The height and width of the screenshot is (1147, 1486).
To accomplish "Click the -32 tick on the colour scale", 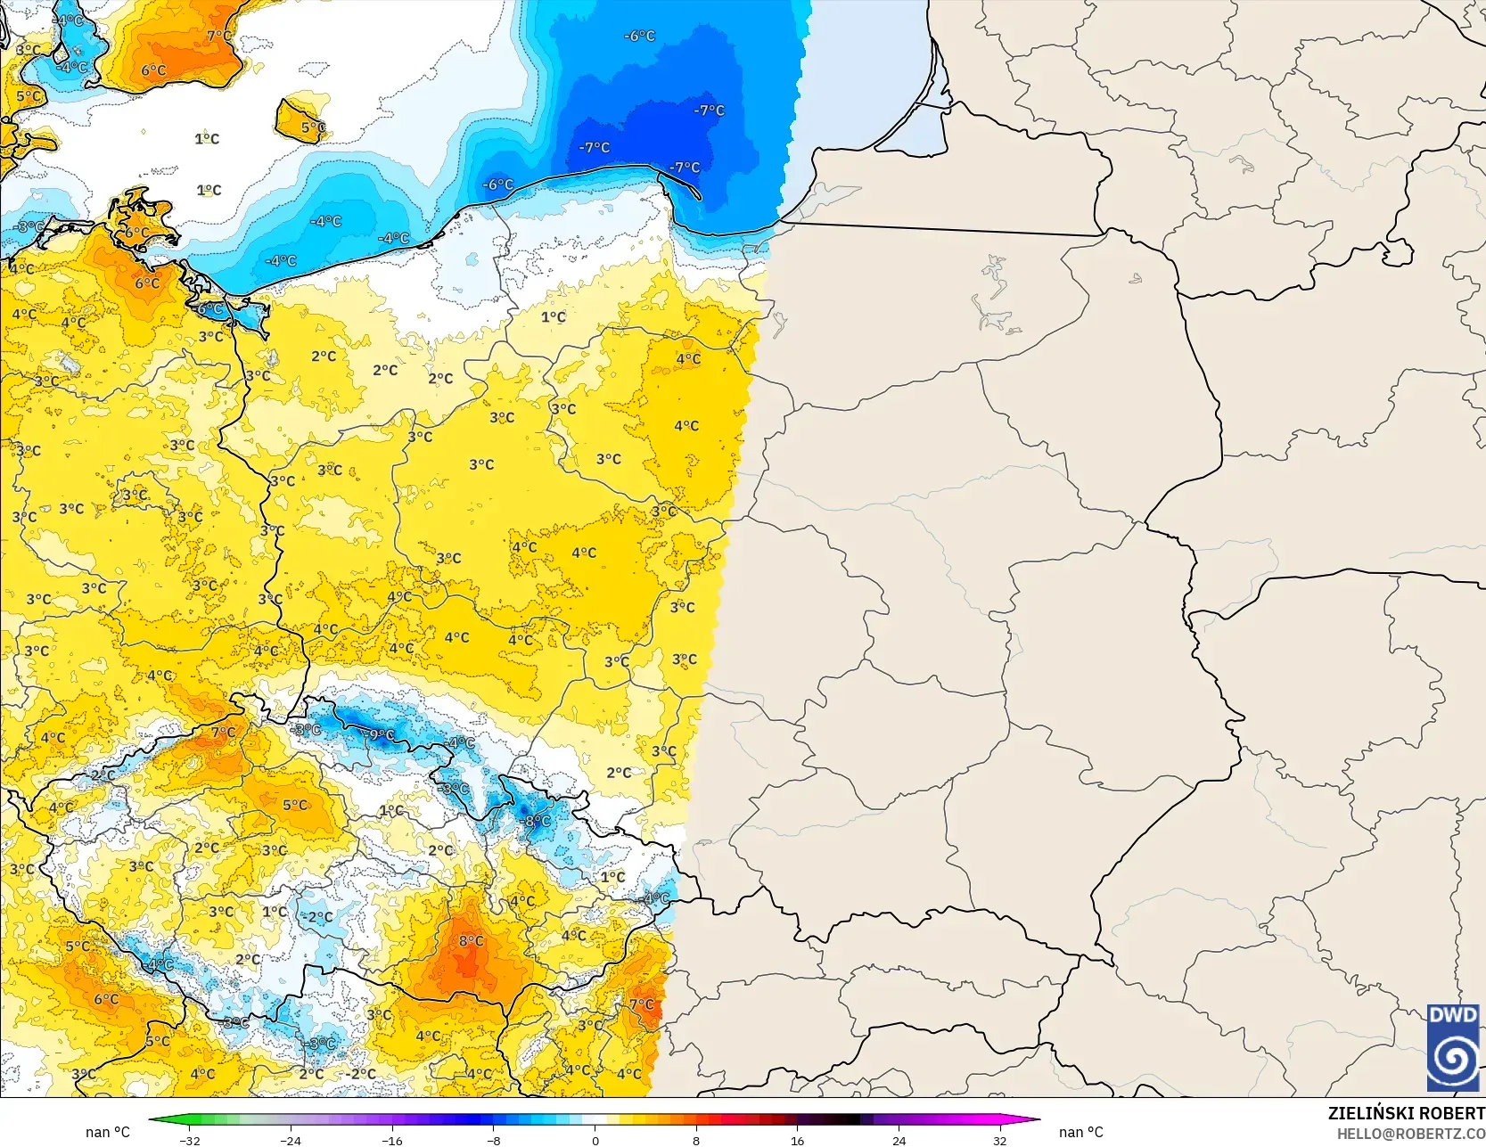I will (190, 1140).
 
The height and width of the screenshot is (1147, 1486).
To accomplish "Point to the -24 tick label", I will (291, 1140).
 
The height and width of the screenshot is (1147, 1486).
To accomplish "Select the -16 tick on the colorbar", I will (392, 1140).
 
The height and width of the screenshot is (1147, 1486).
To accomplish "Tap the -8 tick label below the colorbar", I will (494, 1140).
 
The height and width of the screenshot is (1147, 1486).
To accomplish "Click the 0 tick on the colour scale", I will (595, 1140).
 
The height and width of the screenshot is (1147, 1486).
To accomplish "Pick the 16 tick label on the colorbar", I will (798, 1140).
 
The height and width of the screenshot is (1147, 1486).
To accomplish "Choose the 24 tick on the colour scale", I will (899, 1140).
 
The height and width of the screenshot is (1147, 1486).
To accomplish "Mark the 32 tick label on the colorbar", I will (1000, 1140).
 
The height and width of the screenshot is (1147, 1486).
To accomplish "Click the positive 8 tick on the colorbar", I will (696, 1140).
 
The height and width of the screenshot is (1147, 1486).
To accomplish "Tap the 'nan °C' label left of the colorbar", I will (108, 1132).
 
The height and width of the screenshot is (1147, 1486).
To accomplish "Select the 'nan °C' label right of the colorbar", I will (1081, 1132).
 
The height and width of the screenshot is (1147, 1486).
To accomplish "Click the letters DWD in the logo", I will (1453, 1015).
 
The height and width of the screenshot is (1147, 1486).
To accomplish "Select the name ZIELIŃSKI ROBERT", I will (1406, 1113).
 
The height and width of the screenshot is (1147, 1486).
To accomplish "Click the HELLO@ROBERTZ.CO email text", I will (1410, 1134).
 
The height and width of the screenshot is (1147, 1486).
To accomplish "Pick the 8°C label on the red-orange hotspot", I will (471, 941).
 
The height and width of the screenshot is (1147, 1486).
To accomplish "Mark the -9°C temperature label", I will (381, 735).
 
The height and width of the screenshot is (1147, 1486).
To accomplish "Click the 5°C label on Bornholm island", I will (312, 127).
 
